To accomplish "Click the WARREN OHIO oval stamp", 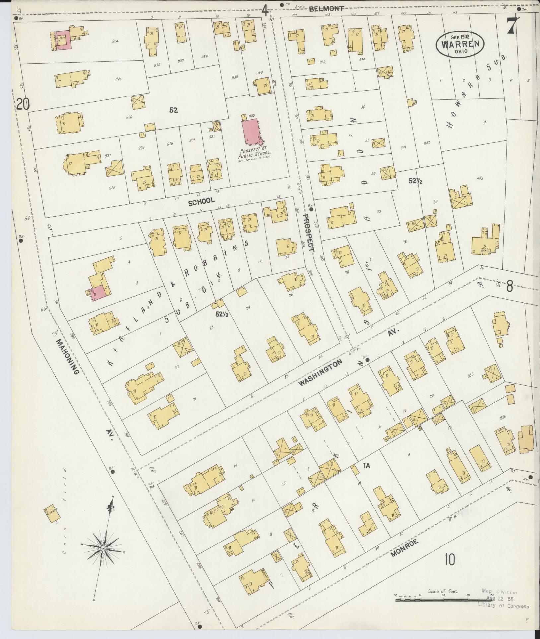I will pos(460,44).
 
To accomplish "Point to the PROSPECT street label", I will pos(309,232).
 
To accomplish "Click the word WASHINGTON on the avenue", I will pos(320,373).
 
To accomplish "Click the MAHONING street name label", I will pos(67,356).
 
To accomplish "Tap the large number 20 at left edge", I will pos(23,105).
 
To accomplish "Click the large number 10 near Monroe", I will pos(450,560).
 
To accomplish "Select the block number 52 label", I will pos(173,110).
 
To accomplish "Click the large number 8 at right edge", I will pos(509,286).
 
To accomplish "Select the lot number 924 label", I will pos(115,41).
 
